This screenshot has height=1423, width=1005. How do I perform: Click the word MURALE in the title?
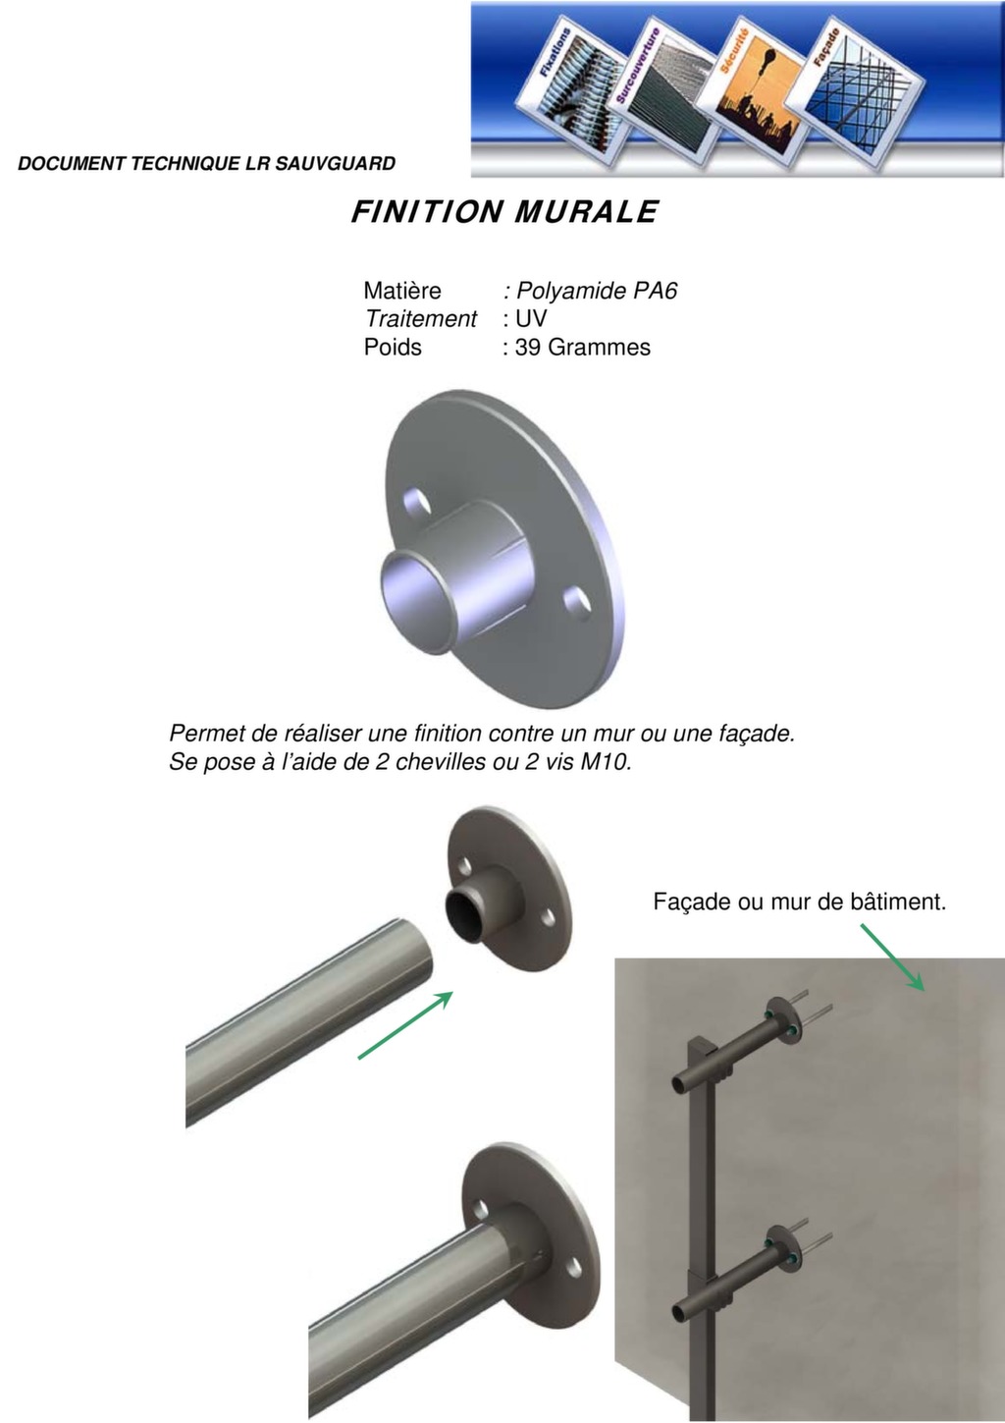(586, 212)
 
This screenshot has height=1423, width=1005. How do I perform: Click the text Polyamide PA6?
(597, 291)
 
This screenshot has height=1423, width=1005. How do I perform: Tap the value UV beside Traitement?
(531, 318)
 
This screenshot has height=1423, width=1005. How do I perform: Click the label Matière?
(401, 291)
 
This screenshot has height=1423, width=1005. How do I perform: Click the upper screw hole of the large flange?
(417, 502)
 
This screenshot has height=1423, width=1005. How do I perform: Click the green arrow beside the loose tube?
(405, 1024)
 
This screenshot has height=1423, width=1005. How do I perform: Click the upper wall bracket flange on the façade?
(783, 1021)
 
